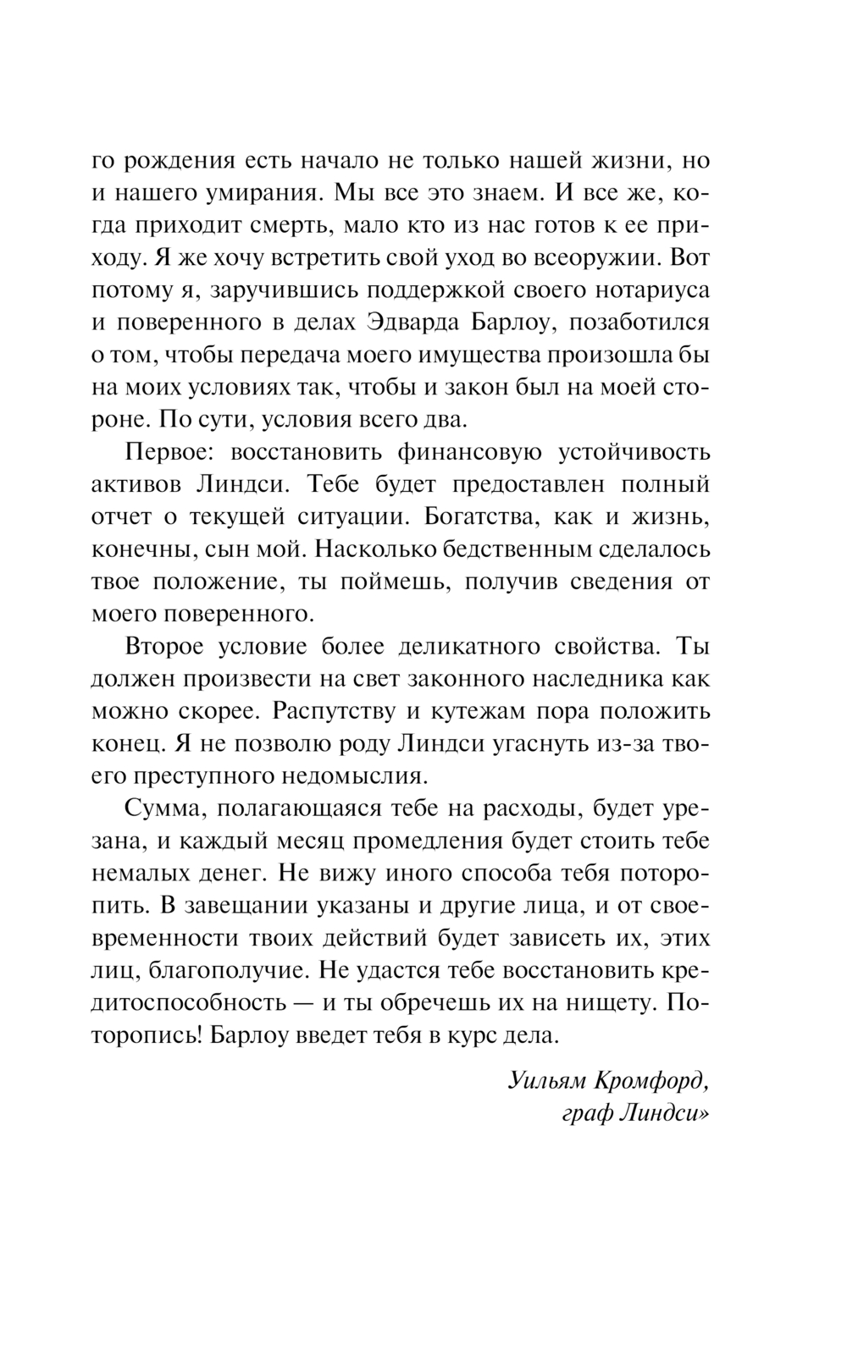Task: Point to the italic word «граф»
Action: tap(586, 1114)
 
